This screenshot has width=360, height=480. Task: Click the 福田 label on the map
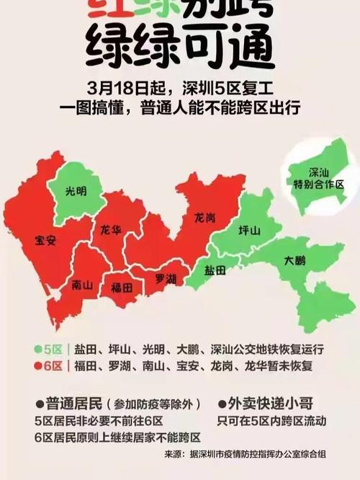tap(122, 287)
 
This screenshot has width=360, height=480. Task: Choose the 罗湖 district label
tap(166, 277)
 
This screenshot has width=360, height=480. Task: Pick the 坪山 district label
tap(249, 230)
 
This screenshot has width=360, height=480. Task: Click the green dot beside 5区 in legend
tap(37, 349)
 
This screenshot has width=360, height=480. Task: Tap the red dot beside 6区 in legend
tap(37, 366)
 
